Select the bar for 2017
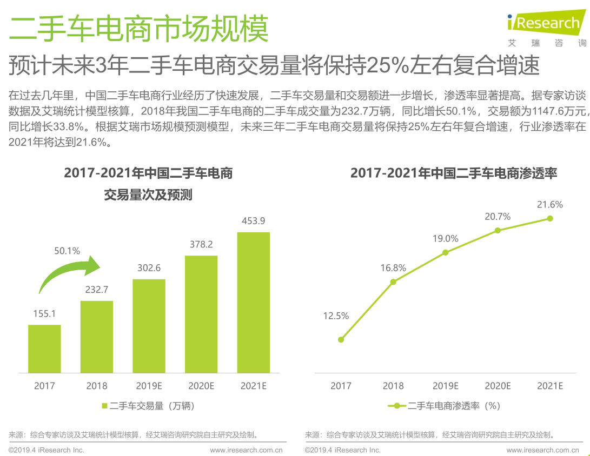pyautogui.click(x=44, y=348)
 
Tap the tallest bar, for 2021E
pyautogui.click(x=254, y=303)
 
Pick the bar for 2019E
pyautogui.click(x=149, y=326)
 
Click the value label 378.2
pyautogui.click(x=201, y=244)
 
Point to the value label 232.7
pyautogui.click(x=97, y=290)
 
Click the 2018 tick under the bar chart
pyautogui.click(x=97, y=386)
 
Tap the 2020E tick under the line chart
pyautogui.click(x=498, y=386)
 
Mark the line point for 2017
pyautogui.click(x=341, y=339)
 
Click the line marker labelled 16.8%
pyautogui.click(x=393, y=281)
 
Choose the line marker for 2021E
pyautogui.click(x=550, y=218)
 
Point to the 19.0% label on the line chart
pyautogui.click(x=445, y=238)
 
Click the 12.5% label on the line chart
pyautogui.click(x=336, y=316)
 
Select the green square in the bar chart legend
pyautogui.click(x=105, y=406)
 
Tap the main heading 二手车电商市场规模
pyautogui.click(x=139, y=28)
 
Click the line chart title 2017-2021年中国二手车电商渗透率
pyautogui.click(x=454, y=173)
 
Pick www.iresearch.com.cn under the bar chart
pyautogui.click(x=247, y=450)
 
